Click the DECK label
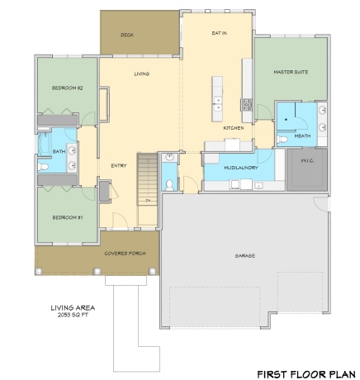126,35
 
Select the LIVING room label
141,74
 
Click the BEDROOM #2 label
67,88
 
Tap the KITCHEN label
233,129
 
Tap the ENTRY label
118,165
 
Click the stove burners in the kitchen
246,104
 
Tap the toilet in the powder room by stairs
168,184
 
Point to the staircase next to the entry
148,178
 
